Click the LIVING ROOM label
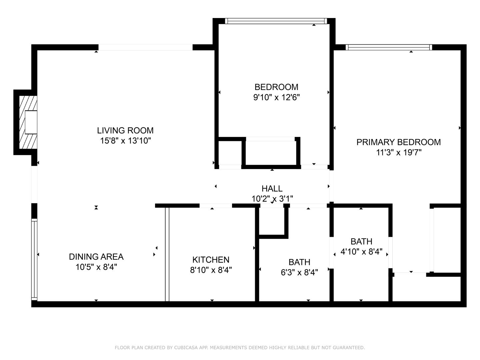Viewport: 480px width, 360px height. [125, 130]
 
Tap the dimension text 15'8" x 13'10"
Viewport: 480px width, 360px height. [125, 141]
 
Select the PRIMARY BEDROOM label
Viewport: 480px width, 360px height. [398, 142]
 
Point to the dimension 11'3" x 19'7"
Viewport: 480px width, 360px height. [398, 153]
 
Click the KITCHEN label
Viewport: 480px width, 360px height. [211, 260]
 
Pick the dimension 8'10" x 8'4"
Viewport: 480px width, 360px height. [211, 270]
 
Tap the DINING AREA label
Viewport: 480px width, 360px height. [96, 257]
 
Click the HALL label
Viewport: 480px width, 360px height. [272, 189]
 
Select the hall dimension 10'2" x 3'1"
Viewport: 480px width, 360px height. [272, 199]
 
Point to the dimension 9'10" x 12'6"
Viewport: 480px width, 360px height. [276, 98]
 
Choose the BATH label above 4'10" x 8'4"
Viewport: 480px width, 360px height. [361, 241]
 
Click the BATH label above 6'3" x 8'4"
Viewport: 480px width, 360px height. [299, 262]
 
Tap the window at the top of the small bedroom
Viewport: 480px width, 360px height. [276, 21]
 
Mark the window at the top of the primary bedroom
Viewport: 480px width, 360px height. [389, 47]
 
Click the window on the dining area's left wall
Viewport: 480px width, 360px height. [34, 259]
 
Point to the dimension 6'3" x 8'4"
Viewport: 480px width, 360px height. [299, 273]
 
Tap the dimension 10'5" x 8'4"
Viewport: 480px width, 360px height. [96, 267]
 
